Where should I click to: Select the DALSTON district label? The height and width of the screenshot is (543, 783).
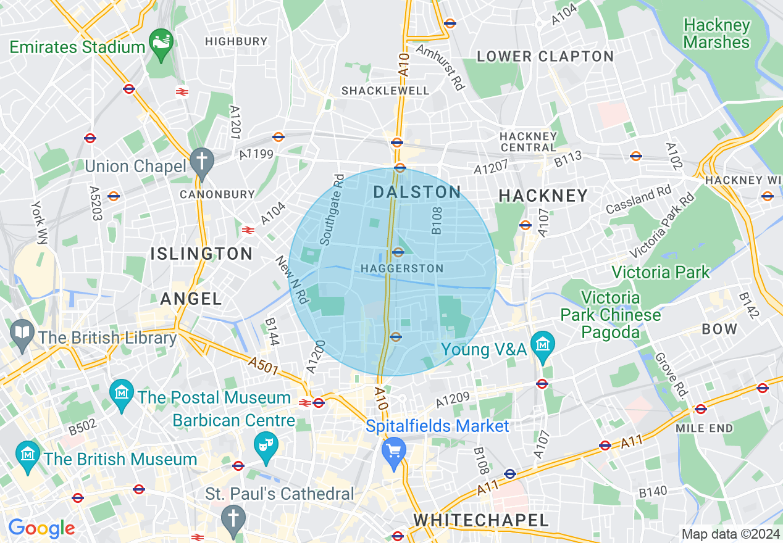pos(417,192)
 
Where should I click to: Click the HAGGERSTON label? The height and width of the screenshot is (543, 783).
pos(402,268)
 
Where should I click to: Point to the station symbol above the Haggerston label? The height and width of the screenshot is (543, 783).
pos(398,252)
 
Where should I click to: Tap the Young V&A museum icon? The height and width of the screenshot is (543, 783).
pos(543,345)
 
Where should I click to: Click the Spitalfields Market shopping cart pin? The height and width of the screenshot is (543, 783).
pos(393,450)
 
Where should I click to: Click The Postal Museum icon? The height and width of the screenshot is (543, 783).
pos(122,392)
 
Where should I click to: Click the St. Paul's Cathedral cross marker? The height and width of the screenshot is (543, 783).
pos(233,517)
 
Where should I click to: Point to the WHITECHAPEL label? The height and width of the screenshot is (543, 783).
pos(481,520)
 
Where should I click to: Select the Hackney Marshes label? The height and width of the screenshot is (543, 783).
pos(717,34)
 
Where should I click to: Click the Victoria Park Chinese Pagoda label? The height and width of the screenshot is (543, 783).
pos(611,315)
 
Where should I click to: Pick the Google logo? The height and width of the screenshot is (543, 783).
pos(41,529)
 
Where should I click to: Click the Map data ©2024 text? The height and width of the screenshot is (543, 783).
pos(730,534)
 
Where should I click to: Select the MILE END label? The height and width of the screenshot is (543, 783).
pos(704,428)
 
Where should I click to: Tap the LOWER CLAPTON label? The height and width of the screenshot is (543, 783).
pos(545,56)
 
